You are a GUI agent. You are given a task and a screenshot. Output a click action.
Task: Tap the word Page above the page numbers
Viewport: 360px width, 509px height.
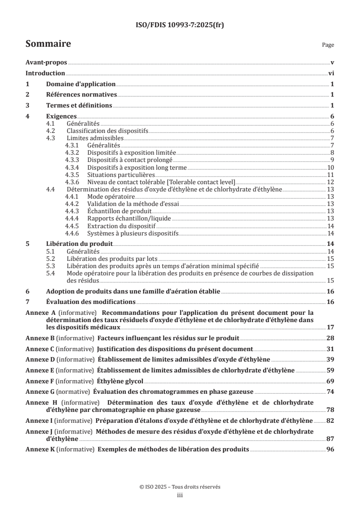point(328,45)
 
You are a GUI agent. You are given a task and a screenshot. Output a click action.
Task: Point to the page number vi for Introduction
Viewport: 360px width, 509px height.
point(331,73)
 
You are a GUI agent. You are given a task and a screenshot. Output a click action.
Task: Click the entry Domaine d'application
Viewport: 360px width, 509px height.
point(81,84)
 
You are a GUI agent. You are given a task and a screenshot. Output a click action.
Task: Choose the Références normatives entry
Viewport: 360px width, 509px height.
point(82,95)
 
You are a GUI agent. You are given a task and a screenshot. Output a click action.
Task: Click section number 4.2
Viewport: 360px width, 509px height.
point(52,131)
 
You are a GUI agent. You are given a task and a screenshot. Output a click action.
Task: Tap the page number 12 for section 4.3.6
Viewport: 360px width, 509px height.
point(331,181)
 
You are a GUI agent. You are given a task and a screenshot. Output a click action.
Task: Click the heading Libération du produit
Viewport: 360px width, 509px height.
point(79,244)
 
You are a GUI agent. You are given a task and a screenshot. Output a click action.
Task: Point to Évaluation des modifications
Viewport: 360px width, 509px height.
point(91,302)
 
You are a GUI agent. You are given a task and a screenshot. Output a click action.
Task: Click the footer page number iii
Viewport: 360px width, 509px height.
point(180,495)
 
